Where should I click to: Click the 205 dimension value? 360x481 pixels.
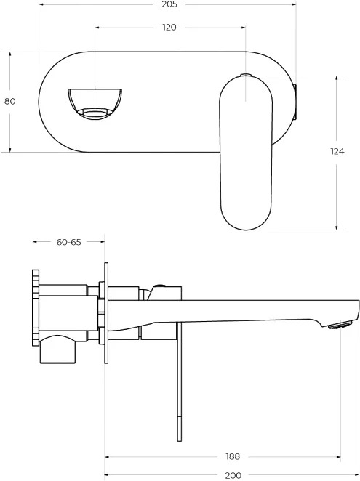click(x=169, y=4)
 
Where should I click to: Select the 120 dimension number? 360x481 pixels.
click(x=169, y=28)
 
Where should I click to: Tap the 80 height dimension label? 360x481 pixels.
click(x=10, y=101)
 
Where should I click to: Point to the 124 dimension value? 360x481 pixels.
click(x=337, y=151)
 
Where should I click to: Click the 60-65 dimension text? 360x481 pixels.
click(x=69, y=242)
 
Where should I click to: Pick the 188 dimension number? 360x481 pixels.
click(x=233, y=457)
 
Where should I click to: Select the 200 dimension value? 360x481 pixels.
click(x=233, y=476)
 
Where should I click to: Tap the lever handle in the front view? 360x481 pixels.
click(x=246, y=153)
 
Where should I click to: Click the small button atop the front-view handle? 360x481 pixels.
click(x=246, y=75)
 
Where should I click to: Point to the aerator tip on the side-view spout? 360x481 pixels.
click(x=340, y=325)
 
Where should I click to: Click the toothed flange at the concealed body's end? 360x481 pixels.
click(x=36, y=308)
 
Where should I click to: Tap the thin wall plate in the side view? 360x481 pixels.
click(x=106, y=313)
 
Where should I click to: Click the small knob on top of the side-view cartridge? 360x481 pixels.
click(x=159, y=286)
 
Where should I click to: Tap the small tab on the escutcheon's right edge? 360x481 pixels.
click(x=295, y=102)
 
